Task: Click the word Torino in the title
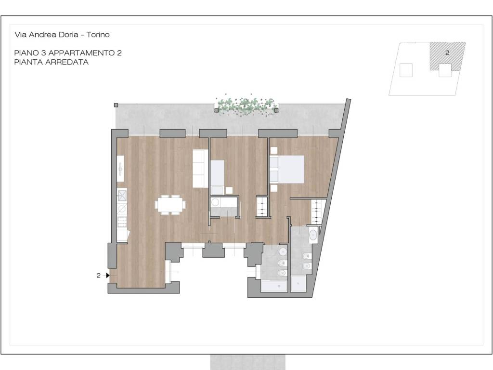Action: pyautogui.click(x=98, y=35)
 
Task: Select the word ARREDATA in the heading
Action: pyautogui.click(x=67, y=62)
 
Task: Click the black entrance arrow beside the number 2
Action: pyautogui.click(x=108, y=275)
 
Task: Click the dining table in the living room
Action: pyautogui.click(x=170, y=205)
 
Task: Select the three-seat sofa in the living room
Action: pyautogui.click(x=200, y=168)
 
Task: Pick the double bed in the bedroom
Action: pyautogui.click(x=287, y=169)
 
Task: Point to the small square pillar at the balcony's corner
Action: pyautogui.click(x=116, y=105)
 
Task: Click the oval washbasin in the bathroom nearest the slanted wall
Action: pyautogui.click(x=313, y=235)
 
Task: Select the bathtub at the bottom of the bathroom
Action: pyautogui.click(x=274, y=286)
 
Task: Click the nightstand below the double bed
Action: pyautogui.click(x=273, y=188)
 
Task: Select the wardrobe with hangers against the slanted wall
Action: pyautogui.click(x=317, y=212)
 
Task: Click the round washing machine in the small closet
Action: pyautogui.click(x=215, y=202)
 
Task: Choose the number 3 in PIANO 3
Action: pyautogui.click(x=43, y=53)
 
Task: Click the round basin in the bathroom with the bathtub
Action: pyautogui.click(x=283, y=251)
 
